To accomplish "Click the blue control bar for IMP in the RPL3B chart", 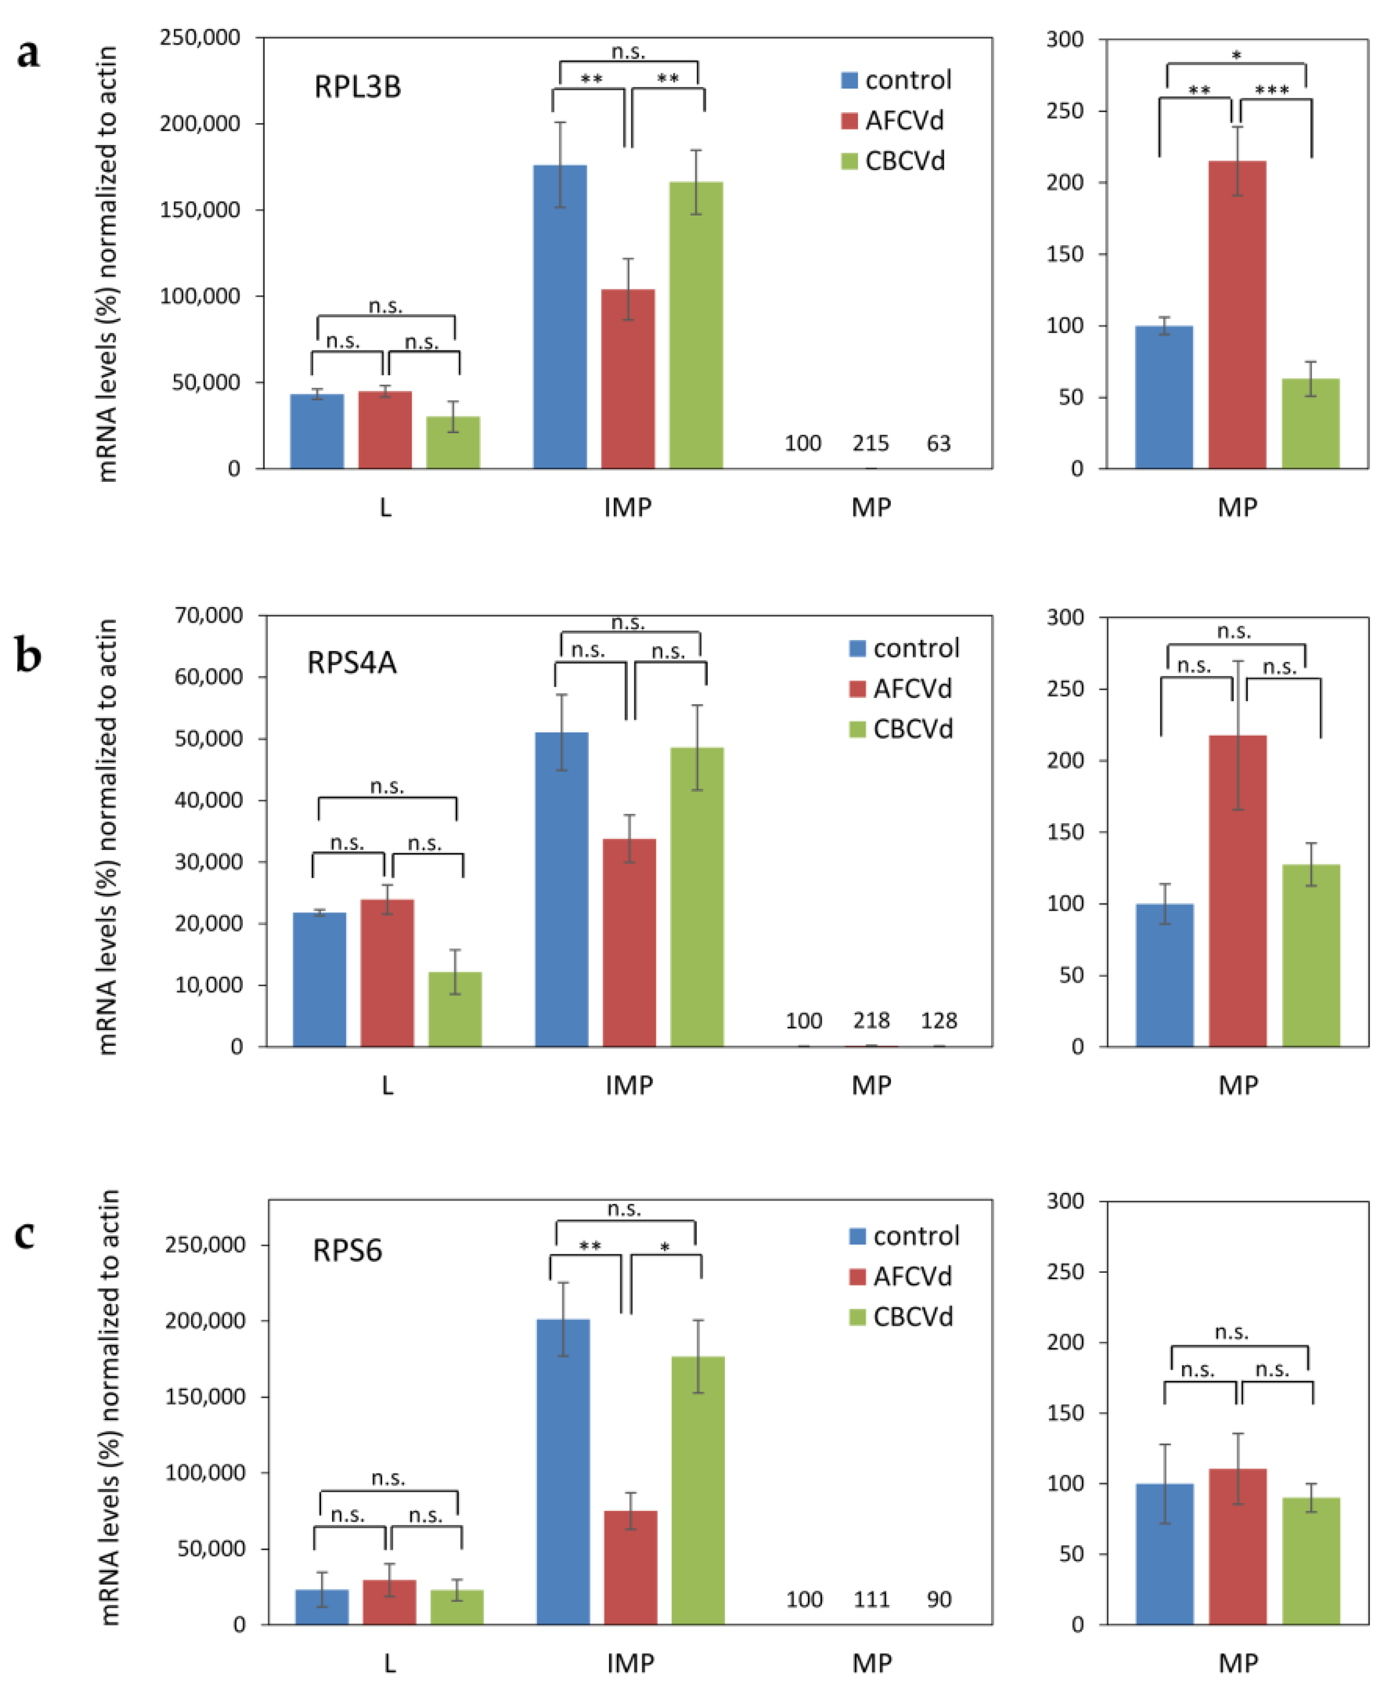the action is click(x=560, y=317).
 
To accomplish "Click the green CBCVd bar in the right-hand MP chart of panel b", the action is click(x=1310, y=956).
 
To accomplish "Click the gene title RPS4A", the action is click(x=352, y=663).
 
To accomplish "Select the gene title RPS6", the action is click(x=347, y=1251).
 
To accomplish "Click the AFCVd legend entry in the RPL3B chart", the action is click(x=892, y=120).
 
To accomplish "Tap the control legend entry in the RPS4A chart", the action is click(x=904, y=648).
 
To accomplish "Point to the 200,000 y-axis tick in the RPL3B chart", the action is click(x=200, y=124).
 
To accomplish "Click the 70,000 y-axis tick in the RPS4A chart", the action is click(x=209, y=616).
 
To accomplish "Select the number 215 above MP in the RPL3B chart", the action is click(x=871, y=444).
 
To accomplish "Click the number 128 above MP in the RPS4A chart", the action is click(x=939, y=1021).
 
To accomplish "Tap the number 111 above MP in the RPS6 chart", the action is click(x=872, y=1599).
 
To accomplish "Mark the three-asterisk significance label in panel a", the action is click(x=1272, y=89).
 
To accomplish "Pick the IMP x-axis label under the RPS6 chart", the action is click(x=630, y=1663).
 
